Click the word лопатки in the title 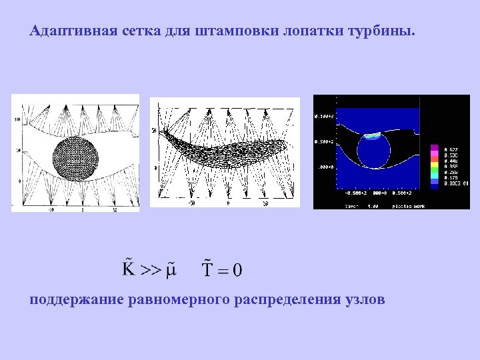pyautogui.click(x=305, y=31)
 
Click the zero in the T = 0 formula pyautogui.click(x=237, y=269)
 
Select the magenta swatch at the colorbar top pyautogui.click(x=434, y=147)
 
